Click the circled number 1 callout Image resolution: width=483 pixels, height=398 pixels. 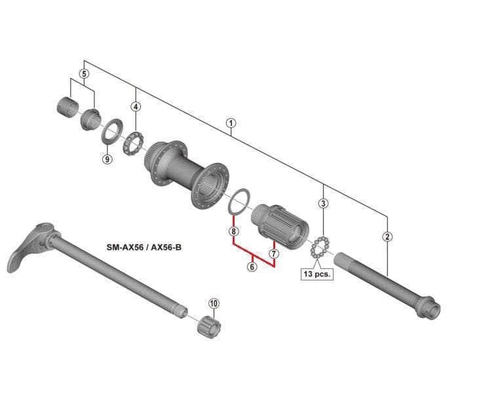231,123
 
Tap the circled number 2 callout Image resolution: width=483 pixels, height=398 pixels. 387,237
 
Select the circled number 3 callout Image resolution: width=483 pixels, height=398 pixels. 323,203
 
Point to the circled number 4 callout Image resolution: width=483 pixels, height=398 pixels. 136,107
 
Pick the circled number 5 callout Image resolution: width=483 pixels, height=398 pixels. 84,74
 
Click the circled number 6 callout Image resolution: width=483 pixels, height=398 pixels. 252,266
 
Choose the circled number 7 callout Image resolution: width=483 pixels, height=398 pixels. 274,254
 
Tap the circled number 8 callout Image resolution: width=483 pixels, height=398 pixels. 233,231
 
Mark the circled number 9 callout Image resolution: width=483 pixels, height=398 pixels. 107,159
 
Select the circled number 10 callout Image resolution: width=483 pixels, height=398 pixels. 214,304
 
